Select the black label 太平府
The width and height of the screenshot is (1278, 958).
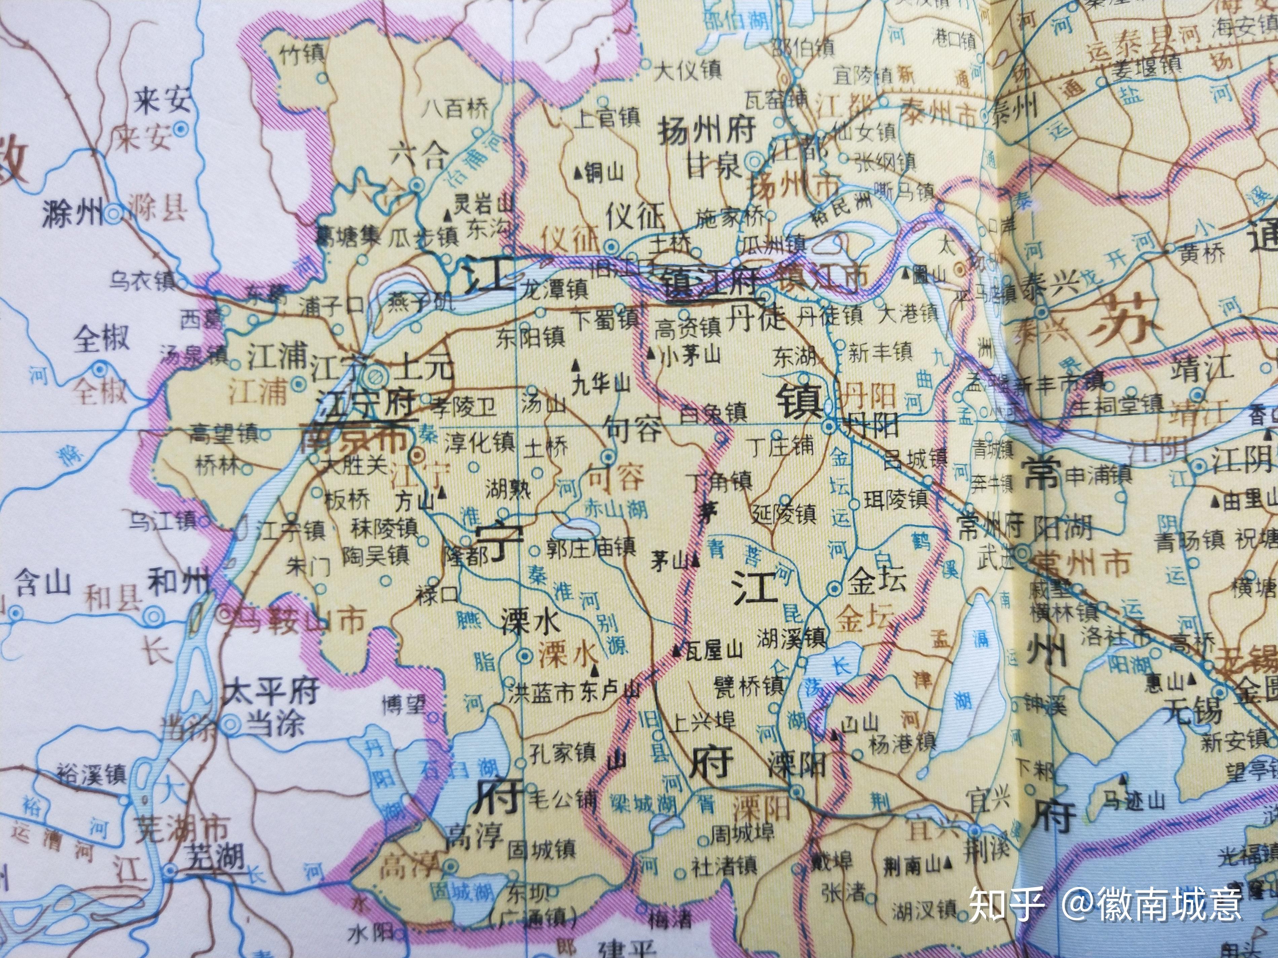pos(271,691)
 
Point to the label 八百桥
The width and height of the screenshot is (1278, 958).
pos(454,108)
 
